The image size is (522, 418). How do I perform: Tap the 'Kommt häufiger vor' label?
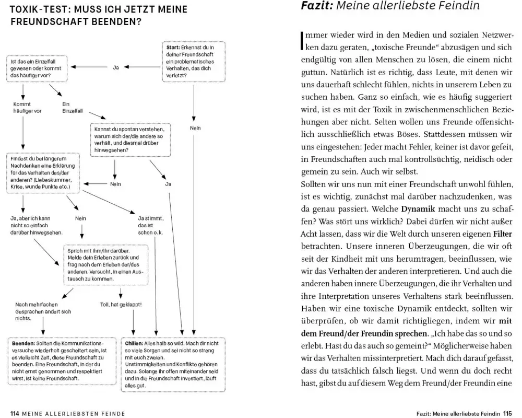click(x=27, y=107)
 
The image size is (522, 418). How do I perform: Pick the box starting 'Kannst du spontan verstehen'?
click(x=132, y=140)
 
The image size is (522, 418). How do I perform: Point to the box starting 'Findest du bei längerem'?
click(x=43, y=173)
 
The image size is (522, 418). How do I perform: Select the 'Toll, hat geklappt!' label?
click(x=121, y=304)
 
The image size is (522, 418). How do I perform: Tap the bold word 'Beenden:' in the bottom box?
click(x=24, y=344)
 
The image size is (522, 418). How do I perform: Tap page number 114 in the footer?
click(x=15, y=413)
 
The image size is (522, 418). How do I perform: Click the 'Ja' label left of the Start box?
click(x=116, y=67)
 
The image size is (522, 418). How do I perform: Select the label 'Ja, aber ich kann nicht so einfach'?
click(x=37, y=225)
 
